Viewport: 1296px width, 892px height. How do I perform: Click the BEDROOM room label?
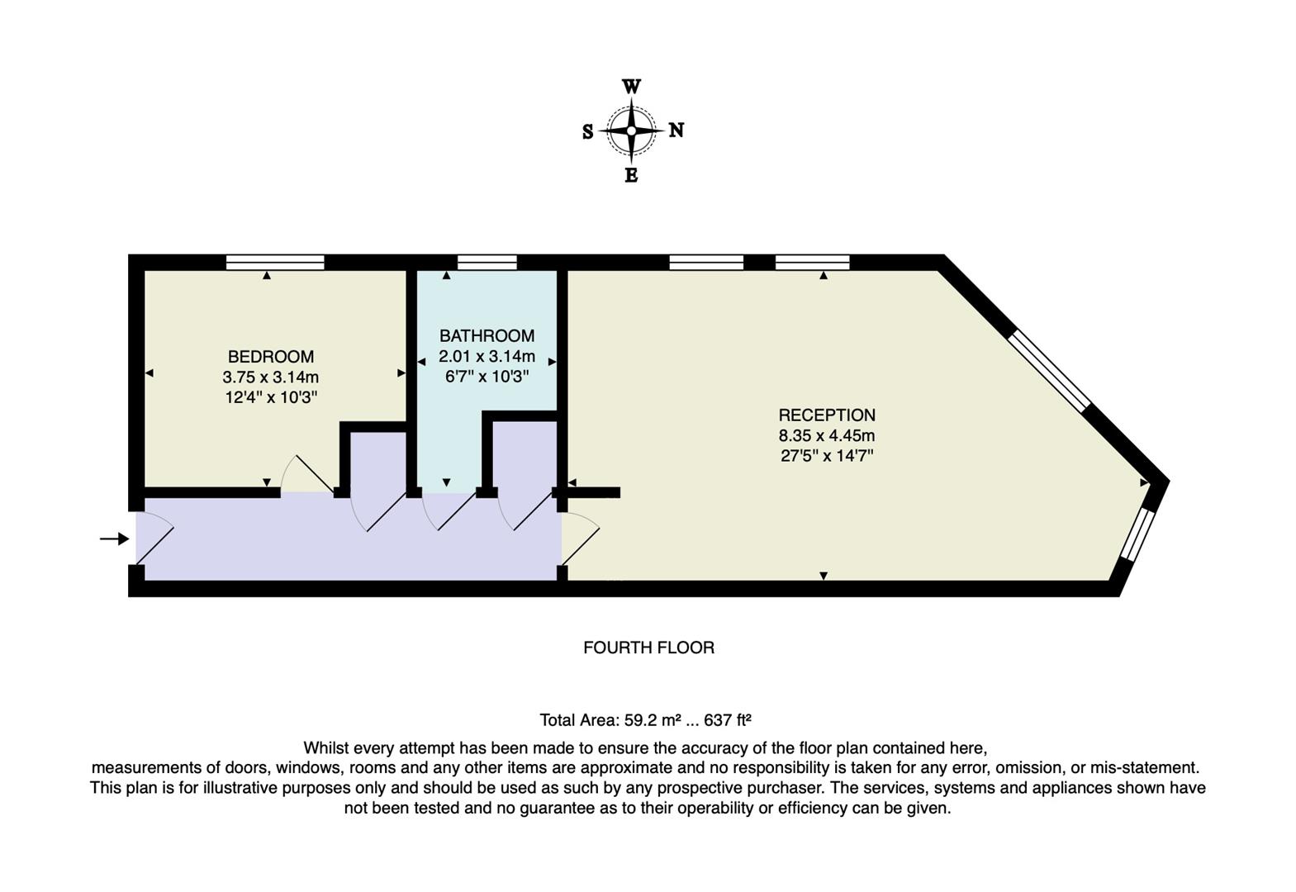[x=271, y=357]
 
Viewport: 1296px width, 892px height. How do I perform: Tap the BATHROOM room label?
[x=487, y=335]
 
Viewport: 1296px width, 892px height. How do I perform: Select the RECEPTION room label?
[x=827, y=415]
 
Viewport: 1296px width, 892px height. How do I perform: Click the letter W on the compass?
[x=631, y=87]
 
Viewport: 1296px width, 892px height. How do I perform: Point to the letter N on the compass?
[x=676, y=130]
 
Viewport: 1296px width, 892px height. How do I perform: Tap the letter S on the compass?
[x=587, y=132]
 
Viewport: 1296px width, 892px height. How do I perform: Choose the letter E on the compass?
[x=631, y=175]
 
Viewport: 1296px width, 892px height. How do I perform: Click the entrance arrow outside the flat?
[x=114, y=539]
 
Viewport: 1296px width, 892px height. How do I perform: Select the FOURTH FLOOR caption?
[x=648, y=648]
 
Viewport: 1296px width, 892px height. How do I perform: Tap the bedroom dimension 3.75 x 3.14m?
[x=271, y=377]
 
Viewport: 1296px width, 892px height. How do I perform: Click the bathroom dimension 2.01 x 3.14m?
[x=487, y=357]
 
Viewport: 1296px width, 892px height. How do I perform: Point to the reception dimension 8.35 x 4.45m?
[x=827, y=435]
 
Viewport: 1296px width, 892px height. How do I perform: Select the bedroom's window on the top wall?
[x=275, y=263]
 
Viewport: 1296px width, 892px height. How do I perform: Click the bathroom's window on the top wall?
[x=487, y=263]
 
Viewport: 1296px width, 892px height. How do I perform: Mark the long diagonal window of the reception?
[x=1049, y=369]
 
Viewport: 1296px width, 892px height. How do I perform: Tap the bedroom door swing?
[x=307, y=475]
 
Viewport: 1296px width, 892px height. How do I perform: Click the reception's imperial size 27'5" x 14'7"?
[x=827, y=455]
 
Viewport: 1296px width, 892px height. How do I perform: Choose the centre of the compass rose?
[x=631, y=130]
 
